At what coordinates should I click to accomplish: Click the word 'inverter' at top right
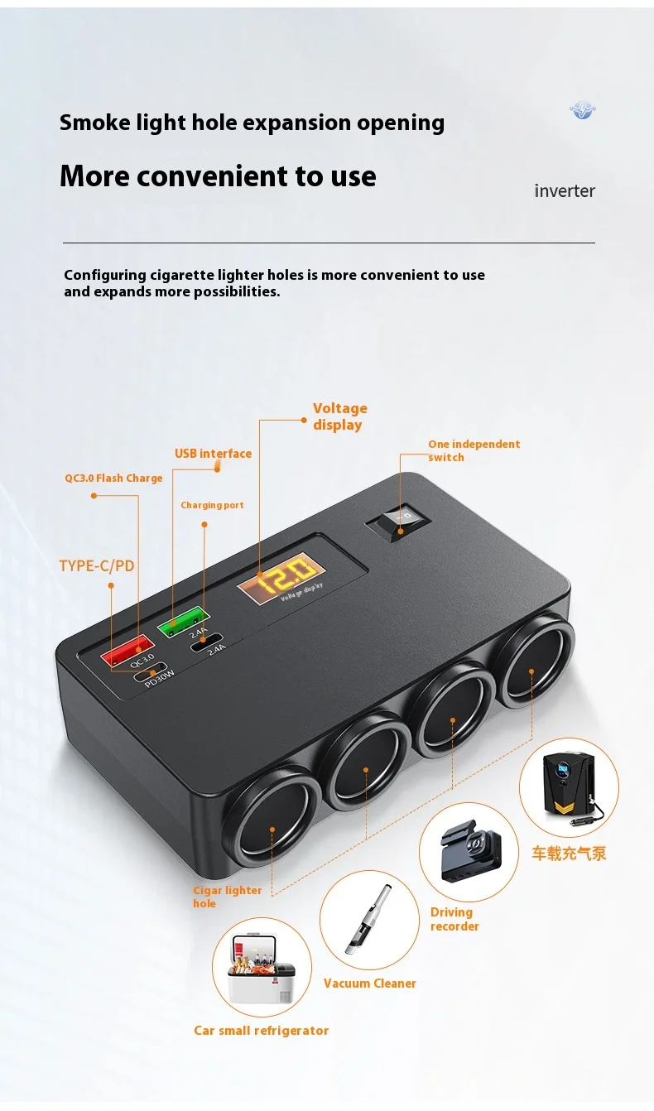[565, 191]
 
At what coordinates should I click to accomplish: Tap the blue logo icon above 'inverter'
[583, 110]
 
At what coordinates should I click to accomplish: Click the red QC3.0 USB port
[127, 648]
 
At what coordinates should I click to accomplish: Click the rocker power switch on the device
[400, 520]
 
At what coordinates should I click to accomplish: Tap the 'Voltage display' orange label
[339, 416]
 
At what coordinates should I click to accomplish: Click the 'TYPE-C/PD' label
[96, 566]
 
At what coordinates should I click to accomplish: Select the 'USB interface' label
[213, 454]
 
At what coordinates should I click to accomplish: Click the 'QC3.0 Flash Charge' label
[113, 478]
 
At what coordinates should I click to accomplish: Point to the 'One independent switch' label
[474, 450]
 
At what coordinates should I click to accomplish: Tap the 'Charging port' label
[212, 505]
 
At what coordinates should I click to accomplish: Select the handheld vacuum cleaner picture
[368, 919]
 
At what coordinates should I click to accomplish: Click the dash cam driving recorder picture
[468, 852]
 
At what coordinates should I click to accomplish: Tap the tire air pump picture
[569, 787]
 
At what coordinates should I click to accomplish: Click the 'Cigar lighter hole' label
[227, 897]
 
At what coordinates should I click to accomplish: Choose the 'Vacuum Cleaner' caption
[369, 984]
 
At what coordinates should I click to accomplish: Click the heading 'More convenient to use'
[218, 176]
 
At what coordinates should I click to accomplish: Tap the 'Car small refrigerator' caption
[261, 1031]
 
